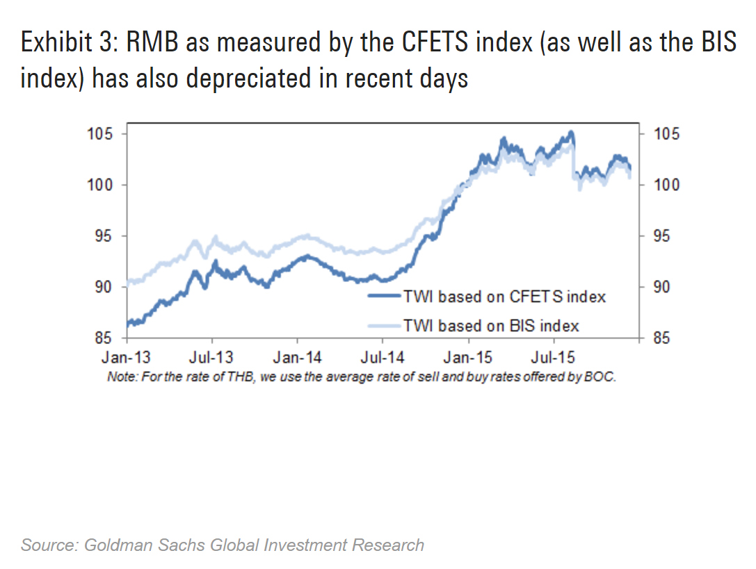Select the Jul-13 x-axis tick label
click(x=211, y=358)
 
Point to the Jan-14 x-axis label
click(x=298, y=358)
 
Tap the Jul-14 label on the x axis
click(x=383, y=358)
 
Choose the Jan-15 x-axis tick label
click(x=468, y=358)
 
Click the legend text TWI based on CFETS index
click(x=504, y=297)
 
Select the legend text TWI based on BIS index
click(x=491, y=325)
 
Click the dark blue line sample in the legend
click(x=384, y=297)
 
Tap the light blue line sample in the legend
click(x=384, y=325)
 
